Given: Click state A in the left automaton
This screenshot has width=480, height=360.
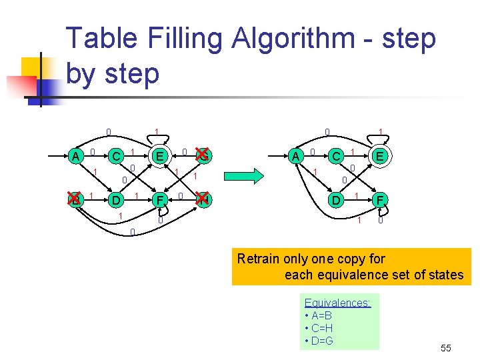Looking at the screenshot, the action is [x=77, y=156].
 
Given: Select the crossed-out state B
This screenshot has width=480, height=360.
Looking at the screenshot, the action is [x=77, y=199].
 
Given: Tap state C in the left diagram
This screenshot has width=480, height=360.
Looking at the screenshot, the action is [x=117, y=156].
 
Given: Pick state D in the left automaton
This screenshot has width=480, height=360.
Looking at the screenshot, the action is [x=117, y=199].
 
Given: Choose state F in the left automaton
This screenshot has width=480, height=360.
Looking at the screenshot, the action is [x=159, y=199].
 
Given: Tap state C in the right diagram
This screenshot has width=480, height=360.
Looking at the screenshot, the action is [x=337, y=156].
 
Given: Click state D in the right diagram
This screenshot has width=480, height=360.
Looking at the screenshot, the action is [x=337, y=199].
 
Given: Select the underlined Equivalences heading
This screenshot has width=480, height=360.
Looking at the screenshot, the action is [x=337, y=303].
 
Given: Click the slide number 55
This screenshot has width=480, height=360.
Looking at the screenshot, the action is [x=446, y=348].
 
